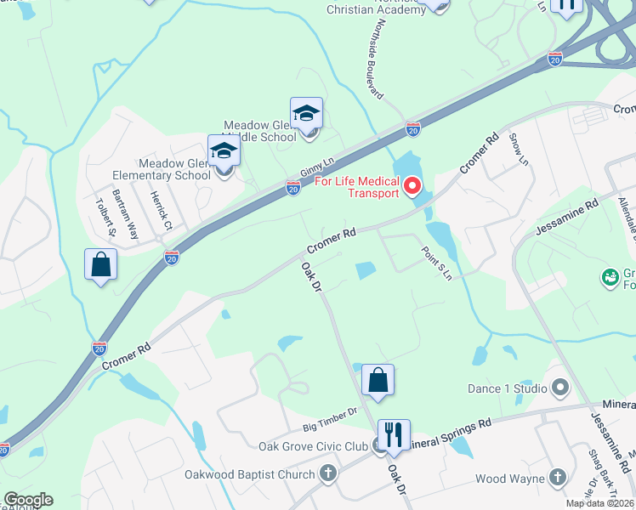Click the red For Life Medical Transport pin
click(x=413, y=184)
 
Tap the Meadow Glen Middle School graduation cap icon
click(x=306, y=114)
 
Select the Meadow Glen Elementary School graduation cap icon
click(x=224, y=152)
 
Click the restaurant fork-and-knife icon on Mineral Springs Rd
click(x=393, y=436)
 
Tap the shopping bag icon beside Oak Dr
click(x=378, y=381)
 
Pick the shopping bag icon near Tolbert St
click(x=100, y=264)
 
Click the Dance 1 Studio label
click(x=508, y=388)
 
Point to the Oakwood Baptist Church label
click(x=250, y=474)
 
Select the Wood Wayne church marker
click(x=558, y=479)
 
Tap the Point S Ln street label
click(x=434, y=263)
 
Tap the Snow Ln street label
click(x=518, y=149)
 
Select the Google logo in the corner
click(x=27, y=500)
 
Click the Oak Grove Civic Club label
click(x=314, y=446)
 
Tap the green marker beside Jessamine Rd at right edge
click(x=609, y=277)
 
